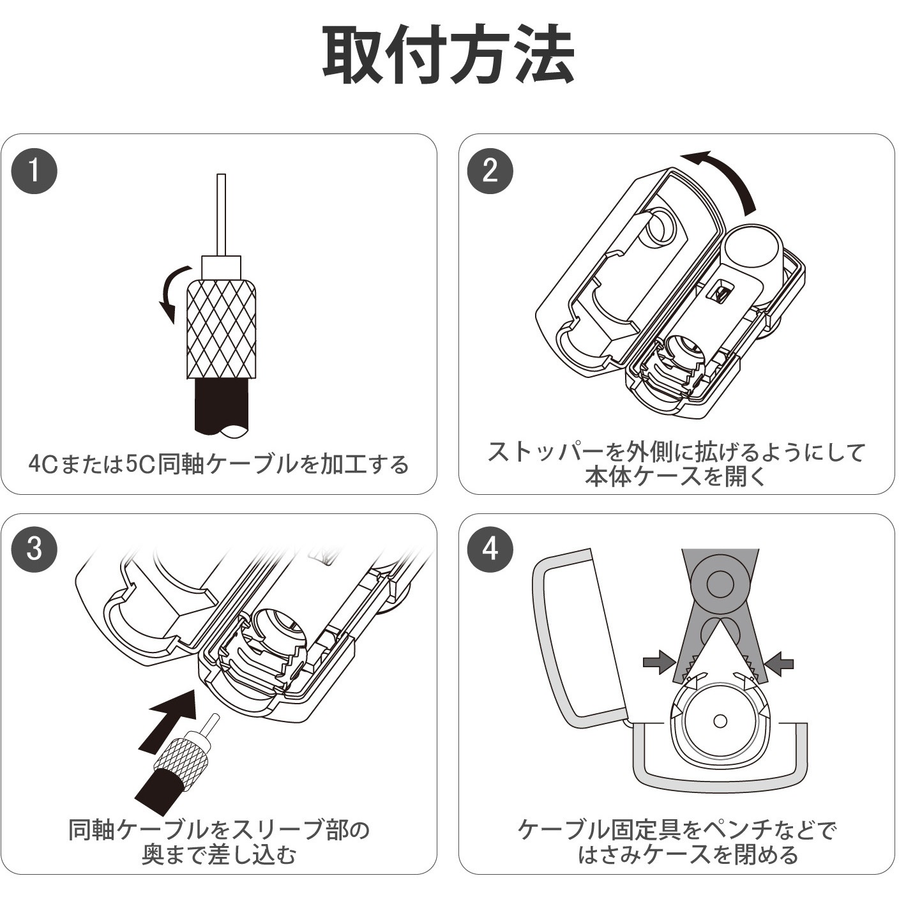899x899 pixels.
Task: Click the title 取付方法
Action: point(448,55)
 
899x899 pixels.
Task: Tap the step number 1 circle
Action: point(34,171)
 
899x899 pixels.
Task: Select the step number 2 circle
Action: point(490,171)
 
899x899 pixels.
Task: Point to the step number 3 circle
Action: point(34,550)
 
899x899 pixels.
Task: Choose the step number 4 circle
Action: point(490,550)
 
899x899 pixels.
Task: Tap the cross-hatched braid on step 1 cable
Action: point(221,330)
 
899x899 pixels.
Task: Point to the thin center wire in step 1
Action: point(221,215)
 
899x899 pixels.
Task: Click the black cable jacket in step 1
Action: point(221,407)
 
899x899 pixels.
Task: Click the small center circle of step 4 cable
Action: point(720,721)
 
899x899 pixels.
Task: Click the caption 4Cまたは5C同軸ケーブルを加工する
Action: point(219,464)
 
